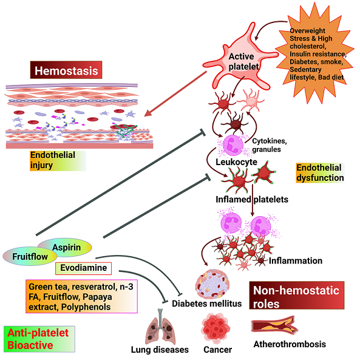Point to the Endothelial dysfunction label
point(319,173)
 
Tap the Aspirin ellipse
point(66,247)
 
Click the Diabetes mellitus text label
point(206,304)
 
